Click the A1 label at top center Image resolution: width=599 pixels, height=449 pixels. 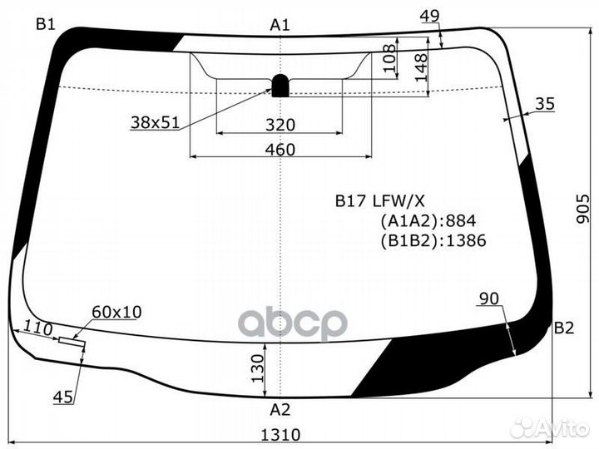pos(280,25)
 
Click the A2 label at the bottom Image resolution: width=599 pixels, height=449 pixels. pos(280,409)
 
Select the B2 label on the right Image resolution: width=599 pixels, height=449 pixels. pos(564,328)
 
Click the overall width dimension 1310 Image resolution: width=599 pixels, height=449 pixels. pos(280,434)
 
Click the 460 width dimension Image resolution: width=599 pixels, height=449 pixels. pos(280,150)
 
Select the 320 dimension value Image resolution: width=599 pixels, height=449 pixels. pos(280,125)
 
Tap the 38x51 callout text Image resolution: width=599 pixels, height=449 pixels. pos(155,122)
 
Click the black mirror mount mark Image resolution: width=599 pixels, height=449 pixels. pos(280,85)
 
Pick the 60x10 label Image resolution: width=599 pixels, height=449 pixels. pos(116,312)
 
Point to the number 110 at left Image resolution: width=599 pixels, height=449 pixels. pos(38,328)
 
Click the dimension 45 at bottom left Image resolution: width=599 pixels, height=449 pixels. pos(62,397)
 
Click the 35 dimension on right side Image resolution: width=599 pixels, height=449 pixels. pos(545,104)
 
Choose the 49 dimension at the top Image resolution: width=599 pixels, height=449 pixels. pos(429,16)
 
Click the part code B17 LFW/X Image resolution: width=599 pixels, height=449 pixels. pos(379,200)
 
